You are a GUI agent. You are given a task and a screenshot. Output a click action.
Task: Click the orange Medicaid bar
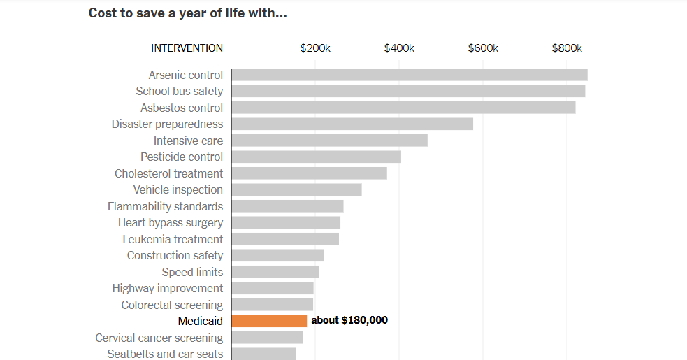[x=269, y=321]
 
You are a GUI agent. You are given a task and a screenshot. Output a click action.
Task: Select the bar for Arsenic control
[x=409, y=75]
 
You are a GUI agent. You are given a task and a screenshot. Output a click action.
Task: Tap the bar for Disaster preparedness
[x=352, y=124]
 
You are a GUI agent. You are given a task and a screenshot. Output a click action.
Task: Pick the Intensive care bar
[x=329, y=141]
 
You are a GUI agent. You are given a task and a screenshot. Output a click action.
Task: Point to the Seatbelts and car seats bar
[x=263, y=354]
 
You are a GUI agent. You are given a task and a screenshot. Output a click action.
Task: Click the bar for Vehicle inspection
[x=296, y=189]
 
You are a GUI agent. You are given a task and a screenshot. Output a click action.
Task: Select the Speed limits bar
[x=275, y=272]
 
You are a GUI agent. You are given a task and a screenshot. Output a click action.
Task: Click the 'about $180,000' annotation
[x=349, y=320]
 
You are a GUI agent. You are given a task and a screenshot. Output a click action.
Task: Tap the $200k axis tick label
[x=315, y=48]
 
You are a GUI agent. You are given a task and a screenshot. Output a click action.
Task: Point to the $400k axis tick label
[x=399, y=48]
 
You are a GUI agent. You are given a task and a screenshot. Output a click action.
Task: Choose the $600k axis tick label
[x=483, y=48]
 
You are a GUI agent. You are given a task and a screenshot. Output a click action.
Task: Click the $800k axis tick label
[x=567, y=48]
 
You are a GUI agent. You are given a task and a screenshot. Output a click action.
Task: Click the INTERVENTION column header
[x=187, y=48]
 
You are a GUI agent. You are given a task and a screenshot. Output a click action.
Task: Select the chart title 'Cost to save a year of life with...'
[x=187, y=13]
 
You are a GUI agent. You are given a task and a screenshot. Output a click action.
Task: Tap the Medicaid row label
[x=201, y=321]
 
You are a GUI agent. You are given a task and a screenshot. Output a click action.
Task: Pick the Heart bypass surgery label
[x=171, y=222]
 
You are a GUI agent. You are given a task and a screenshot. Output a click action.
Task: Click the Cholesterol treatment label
[x=169, y=173]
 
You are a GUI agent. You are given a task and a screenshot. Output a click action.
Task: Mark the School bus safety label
[x=180, y=91]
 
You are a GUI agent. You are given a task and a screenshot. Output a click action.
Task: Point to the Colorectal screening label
[x=172, y=305]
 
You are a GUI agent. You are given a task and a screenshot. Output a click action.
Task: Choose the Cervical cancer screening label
[x=159, y=338]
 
